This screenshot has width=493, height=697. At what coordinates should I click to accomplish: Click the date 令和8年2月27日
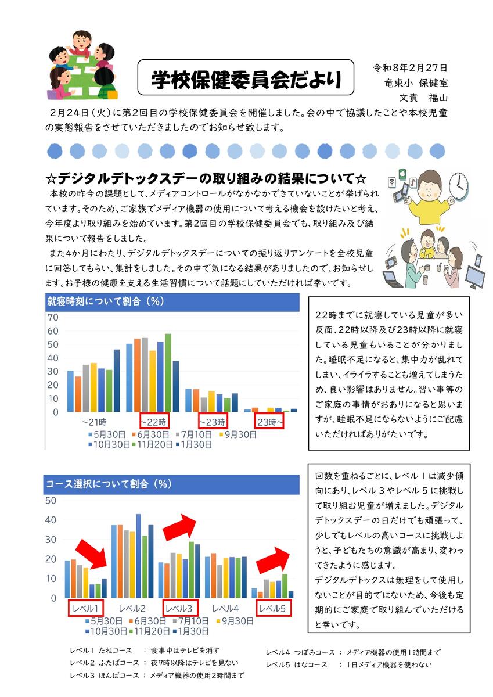409,68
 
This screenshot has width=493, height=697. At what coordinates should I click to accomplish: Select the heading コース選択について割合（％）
108,483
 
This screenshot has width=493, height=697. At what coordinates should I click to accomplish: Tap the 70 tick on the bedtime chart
53,318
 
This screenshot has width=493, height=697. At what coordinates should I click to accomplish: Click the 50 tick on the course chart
51,501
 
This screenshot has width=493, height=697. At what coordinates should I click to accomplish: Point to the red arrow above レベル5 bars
273,560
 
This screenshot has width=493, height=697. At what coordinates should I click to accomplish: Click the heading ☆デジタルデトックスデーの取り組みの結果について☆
211,177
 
